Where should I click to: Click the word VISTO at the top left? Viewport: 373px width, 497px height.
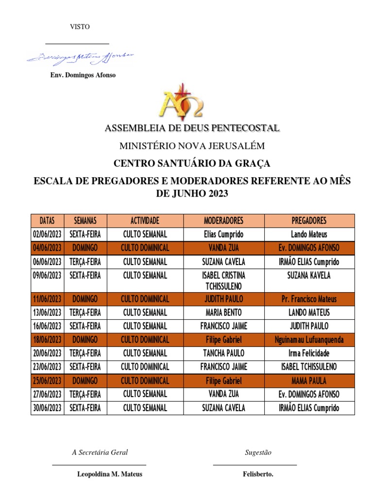click(x=80, y=27)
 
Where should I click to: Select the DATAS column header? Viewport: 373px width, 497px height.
click(x=47, y=220)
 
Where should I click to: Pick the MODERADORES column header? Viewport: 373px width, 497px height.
click(x=223, y=220)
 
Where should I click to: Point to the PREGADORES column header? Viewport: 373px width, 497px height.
click(x=309, y=220)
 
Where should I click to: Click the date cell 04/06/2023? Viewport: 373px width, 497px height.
click(x=47, y=248)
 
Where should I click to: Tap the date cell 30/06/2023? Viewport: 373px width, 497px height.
click(x=47, y=408)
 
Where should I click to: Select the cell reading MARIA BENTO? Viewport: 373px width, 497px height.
click(x=223, y=313)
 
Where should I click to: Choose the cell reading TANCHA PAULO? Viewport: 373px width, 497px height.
click(x=223, y=353)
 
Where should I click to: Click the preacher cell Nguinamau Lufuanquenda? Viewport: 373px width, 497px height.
click(x=309, y=340)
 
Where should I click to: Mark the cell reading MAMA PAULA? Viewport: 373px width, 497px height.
click(x=309, y=381)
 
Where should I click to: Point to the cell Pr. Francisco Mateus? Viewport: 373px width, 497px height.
click(x=309, y=299)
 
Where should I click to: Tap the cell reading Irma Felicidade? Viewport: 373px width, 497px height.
click(x=309, y=353)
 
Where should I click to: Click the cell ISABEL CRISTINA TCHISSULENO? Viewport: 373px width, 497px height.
click(x=223, y=281)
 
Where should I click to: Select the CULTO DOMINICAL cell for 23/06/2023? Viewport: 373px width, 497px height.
click(x=145, y=367)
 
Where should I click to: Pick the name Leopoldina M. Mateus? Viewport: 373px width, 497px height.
click(x=110, y=474)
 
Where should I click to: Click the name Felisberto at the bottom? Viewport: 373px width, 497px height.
click(x=258, y=474)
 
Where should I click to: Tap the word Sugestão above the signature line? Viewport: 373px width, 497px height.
click(x=258, y=452)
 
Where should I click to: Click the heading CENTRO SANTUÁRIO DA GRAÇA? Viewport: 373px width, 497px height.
click(x=191, y=163)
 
